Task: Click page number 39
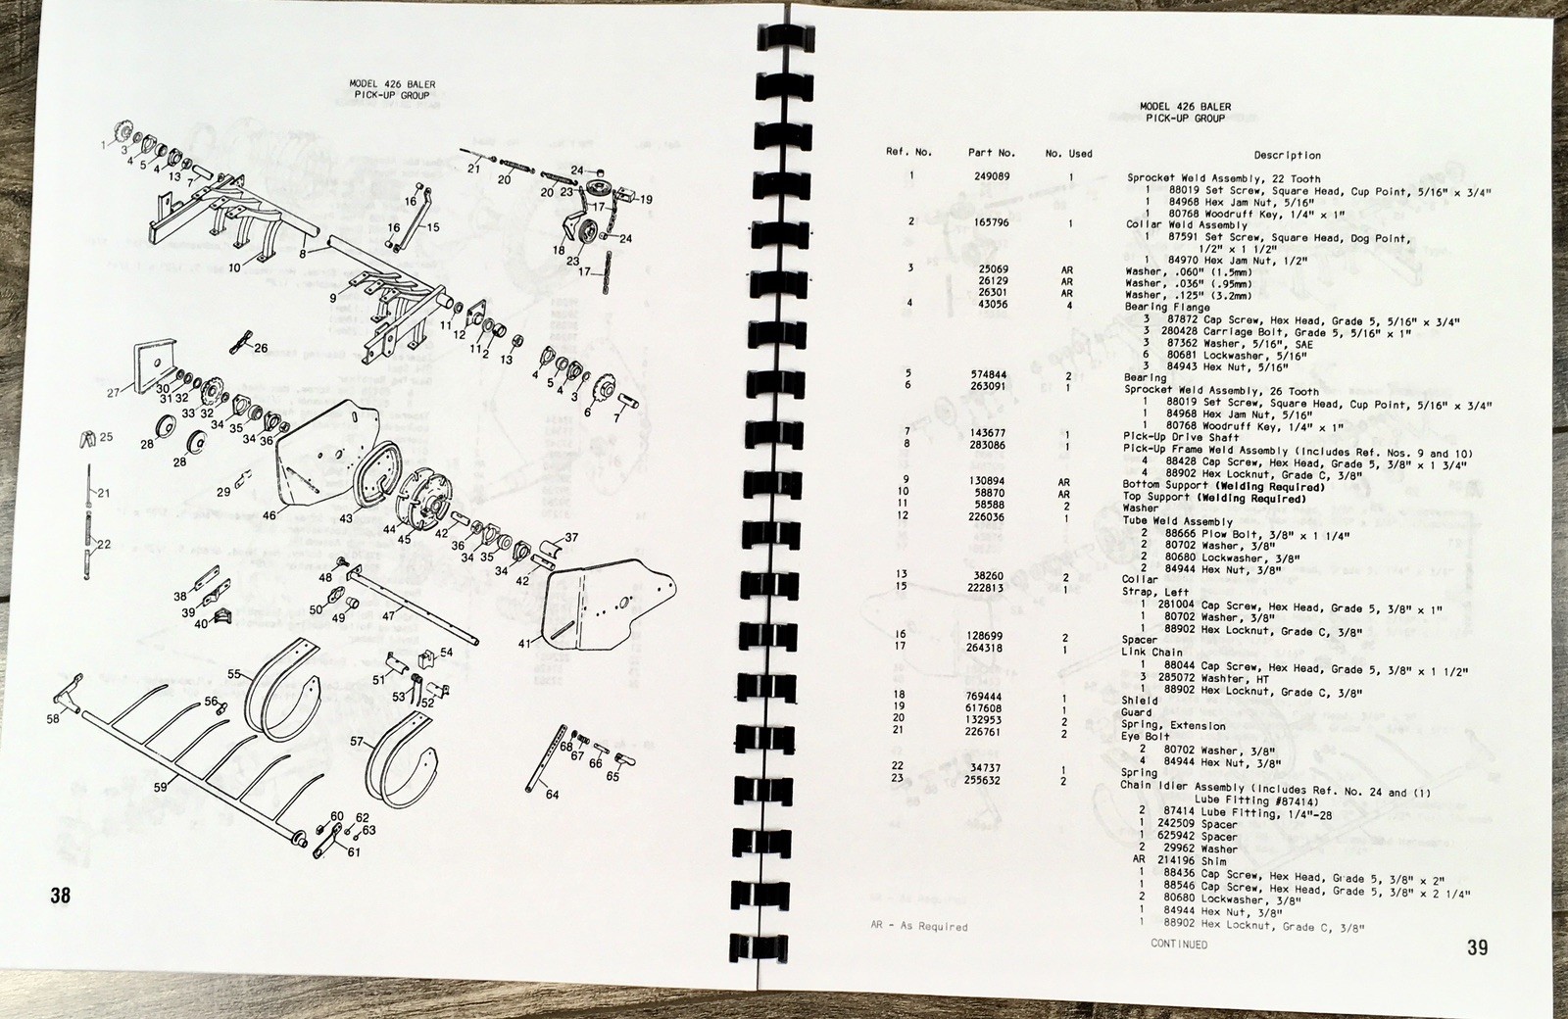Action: (x=1477, y=946)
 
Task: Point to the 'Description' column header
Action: (x=1287, y=155)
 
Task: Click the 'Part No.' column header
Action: (x=992, y=153)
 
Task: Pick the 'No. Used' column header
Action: (x=1068, y=154)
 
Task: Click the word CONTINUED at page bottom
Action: (x=1179, y=945)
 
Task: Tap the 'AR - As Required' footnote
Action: (x=918, y=926)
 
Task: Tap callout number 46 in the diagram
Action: (x=269, y=512)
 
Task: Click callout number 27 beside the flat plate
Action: (x=113, y=393)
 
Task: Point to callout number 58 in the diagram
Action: (x=52, y=719)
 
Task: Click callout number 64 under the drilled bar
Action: (x=552, y=795)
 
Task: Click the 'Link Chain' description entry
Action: (x=1152, y=652)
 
